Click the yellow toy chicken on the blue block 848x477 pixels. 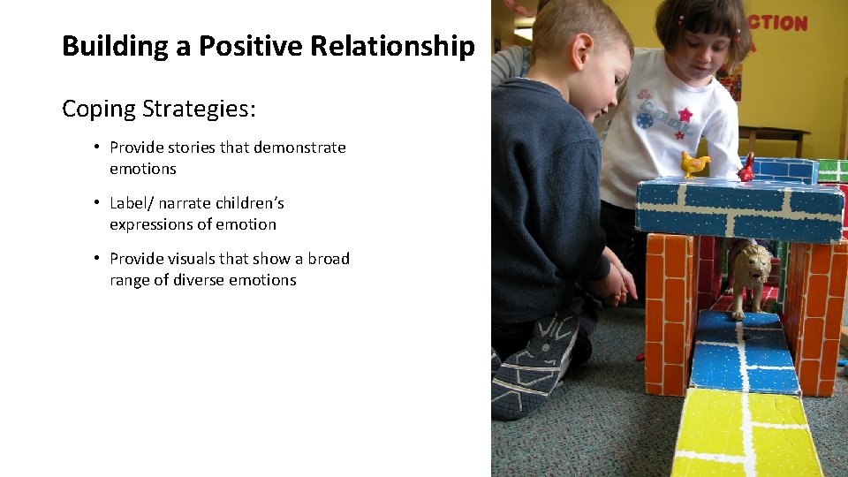[694, 163]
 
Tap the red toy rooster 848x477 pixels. [747, 167]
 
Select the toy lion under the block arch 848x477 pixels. [749, 274]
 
